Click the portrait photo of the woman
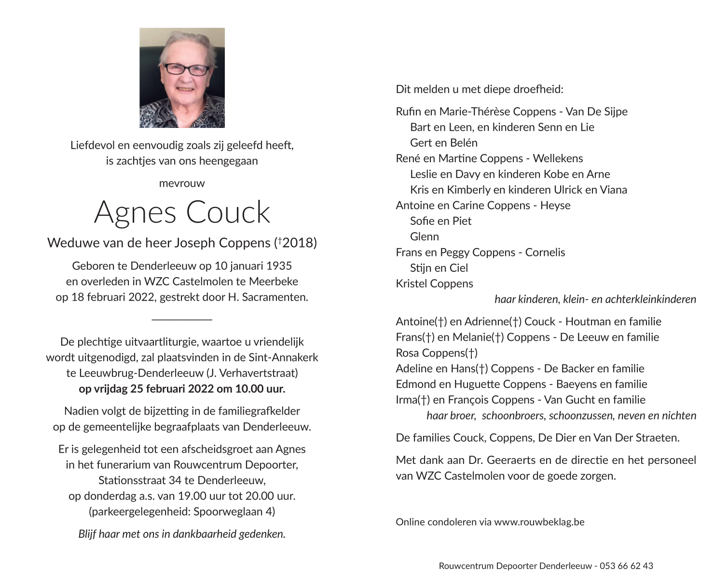point(182,78)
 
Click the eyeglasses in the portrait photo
point(186,69)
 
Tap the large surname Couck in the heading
point(228,212)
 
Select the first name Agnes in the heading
point(135,212)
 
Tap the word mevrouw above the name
point(182,183)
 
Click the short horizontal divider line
point(182,319)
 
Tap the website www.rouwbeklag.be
point(539,522)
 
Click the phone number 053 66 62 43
point(626,566)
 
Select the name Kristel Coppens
point(434,284)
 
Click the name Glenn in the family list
point(425,237)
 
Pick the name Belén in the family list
point(464,143)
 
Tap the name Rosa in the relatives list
point(407,353)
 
